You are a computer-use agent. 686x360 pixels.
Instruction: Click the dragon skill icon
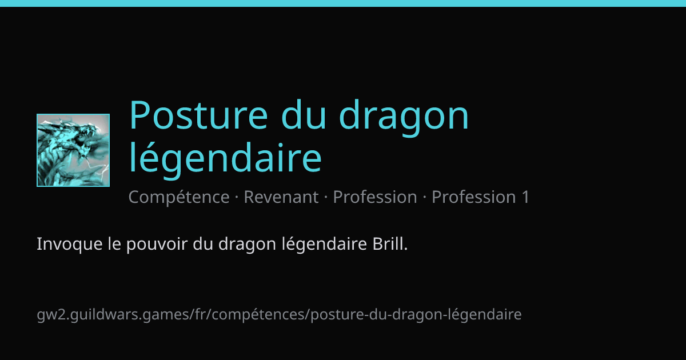point(73,150)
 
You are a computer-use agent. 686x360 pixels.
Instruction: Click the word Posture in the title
point(198,115)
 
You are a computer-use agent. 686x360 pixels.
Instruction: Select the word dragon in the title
point(404,118)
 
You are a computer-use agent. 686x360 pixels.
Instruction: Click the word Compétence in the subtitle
point(179,197)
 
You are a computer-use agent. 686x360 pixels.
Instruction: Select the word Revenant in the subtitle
point(281,197)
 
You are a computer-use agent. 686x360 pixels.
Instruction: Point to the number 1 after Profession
point(525,197)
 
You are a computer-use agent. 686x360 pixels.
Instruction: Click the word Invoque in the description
point(70,245)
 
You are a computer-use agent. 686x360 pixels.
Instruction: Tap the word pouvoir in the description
point(157,245)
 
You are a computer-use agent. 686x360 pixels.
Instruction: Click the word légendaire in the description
point(324,245)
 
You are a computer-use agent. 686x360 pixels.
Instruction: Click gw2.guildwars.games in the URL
point(113,315)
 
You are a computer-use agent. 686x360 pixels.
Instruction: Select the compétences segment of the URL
point(260,315)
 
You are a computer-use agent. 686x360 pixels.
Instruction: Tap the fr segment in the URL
point(200,314)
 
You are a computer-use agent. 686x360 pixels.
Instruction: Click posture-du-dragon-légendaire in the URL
point(416,315)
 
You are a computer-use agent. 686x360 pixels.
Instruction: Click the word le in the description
point(114,243)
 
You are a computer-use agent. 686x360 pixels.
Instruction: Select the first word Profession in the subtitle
point(375,197)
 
